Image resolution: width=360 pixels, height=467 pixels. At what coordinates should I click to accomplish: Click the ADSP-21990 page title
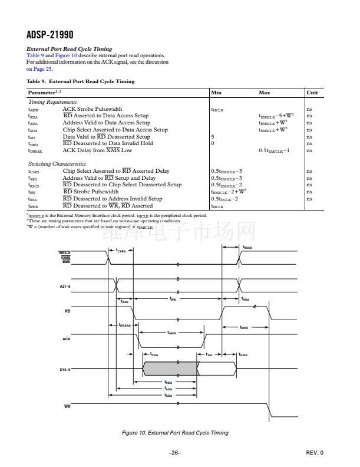[x=50, y=35]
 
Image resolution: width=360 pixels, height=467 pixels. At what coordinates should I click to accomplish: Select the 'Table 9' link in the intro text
[x=37, y=55]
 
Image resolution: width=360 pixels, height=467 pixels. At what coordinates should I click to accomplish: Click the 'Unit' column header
[x=312, y=93]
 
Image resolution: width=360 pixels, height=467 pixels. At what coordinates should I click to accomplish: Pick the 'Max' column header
[x=265, y=93]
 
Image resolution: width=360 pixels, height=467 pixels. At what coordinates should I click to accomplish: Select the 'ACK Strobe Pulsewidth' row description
[x=92, y=109]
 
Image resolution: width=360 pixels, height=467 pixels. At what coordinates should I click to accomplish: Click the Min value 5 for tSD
[x=213, y=136]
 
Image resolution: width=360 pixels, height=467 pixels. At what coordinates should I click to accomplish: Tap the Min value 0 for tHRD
[x=213, y=143]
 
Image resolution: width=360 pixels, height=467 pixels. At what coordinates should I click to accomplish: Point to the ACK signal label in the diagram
[x=67, y=339]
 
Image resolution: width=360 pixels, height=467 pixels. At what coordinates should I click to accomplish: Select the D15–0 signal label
[x=65, y=370]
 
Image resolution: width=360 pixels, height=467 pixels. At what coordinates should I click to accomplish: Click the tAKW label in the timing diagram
[x=171, y=333]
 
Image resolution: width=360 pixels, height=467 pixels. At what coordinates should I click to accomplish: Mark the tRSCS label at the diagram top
[x=247, y=248]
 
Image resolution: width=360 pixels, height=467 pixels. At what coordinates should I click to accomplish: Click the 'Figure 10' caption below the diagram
[x=174, y=433]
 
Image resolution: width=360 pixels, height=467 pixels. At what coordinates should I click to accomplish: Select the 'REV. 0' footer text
[x=315, y=452]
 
